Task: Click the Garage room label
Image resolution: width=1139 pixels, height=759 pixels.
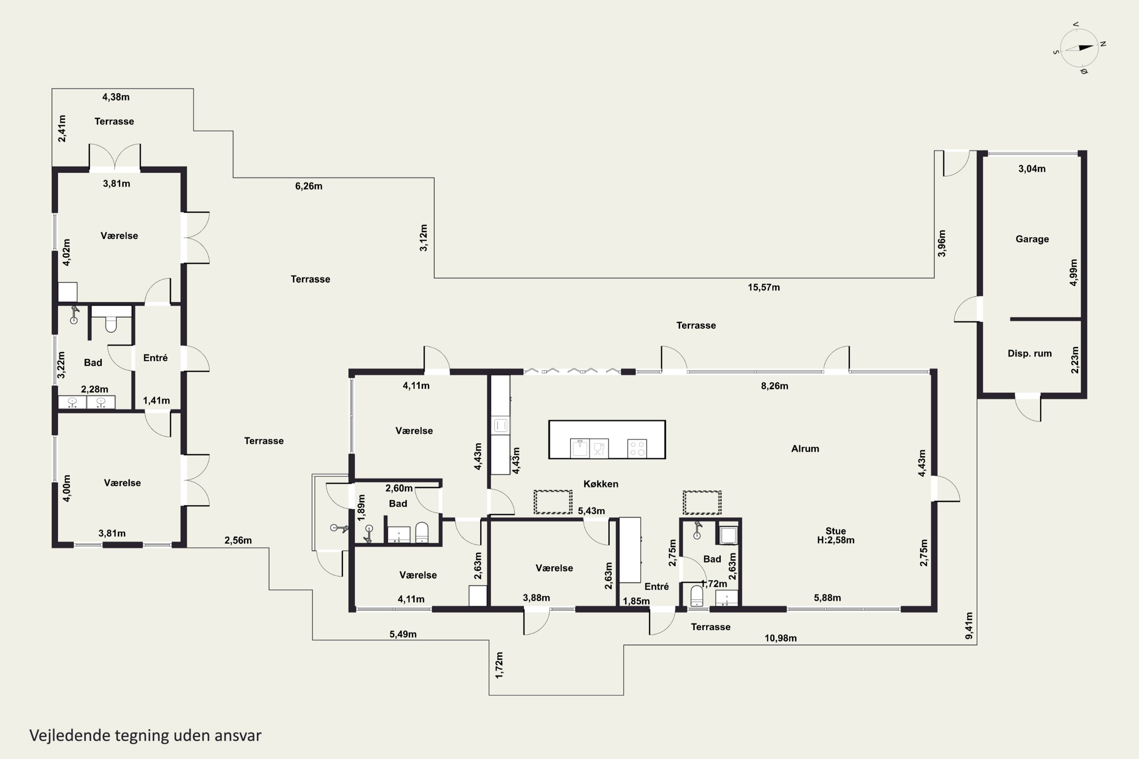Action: coord(1032,239)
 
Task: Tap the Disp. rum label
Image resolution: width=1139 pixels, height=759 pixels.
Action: coord(1030,353)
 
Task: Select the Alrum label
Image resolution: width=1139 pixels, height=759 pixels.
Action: coord(805,449)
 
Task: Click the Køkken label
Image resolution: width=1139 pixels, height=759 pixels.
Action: coord(601,484)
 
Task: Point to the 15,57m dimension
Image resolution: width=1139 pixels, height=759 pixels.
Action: coord(764,288)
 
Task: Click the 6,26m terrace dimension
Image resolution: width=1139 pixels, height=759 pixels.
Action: coord(308,186)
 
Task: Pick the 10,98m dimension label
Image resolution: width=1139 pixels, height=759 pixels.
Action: coord(780,638)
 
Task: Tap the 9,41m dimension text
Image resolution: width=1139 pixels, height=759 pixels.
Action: coord(969,625)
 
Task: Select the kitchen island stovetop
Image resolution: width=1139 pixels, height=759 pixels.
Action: coord(637,448)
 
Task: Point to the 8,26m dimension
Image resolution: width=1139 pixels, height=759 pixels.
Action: coord(775,386)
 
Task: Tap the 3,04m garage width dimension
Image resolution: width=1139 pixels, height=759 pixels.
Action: coord(1032,169)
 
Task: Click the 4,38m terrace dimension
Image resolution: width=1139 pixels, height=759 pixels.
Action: coord(116,97)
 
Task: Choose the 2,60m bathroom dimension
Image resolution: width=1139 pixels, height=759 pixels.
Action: coord(399,488)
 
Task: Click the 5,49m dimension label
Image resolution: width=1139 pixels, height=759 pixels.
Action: coord(403,635)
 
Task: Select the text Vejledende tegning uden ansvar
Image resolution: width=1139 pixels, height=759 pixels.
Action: coord(145,736)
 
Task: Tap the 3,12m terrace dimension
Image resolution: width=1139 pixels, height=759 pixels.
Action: coord(424,238)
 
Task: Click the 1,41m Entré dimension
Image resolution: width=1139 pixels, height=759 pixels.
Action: coord(156,401)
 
